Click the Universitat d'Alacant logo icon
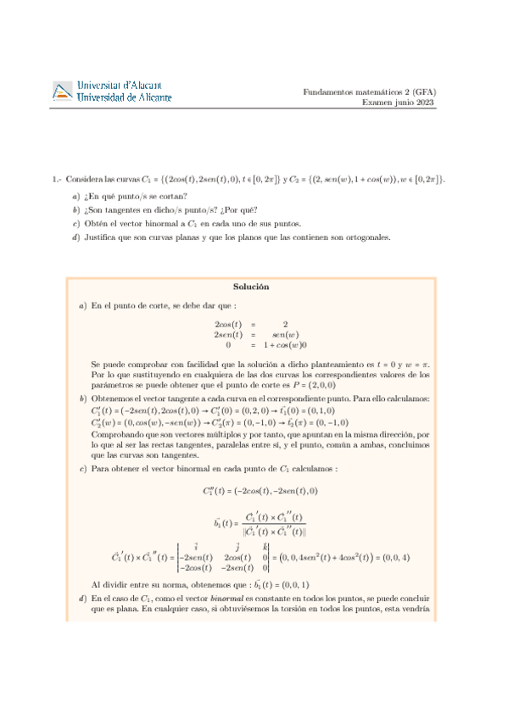coord(63,92)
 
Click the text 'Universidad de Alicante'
coord(124,98)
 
